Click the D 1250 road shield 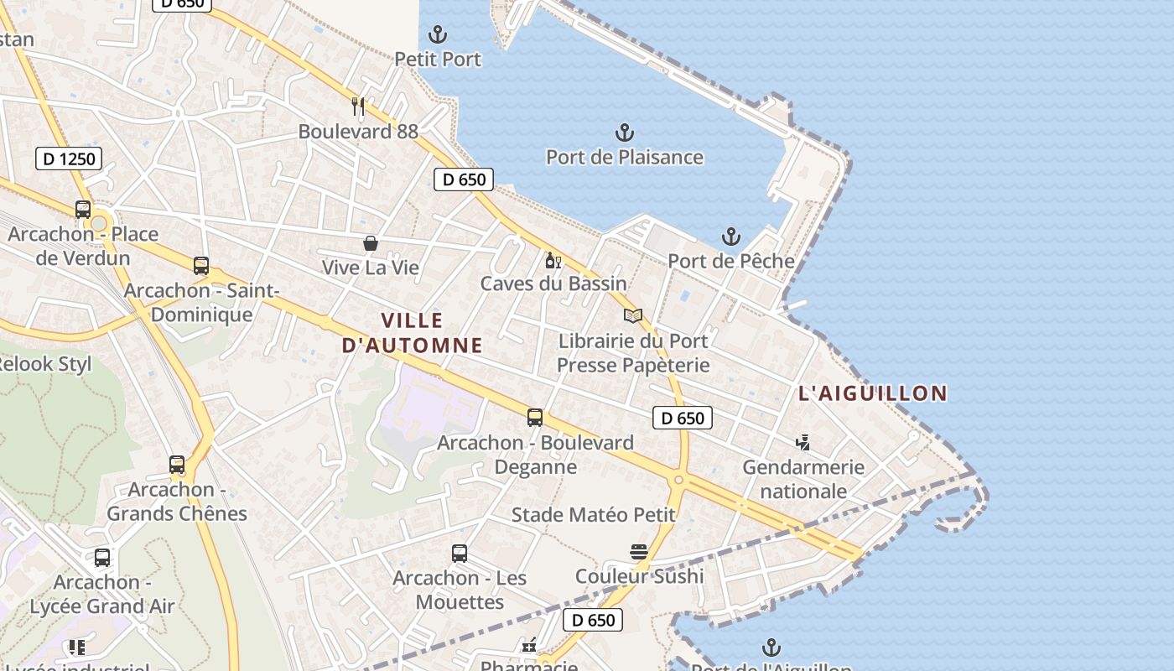click(x=69, y=159)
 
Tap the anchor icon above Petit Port click(x=438, y=35)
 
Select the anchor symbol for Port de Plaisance click(x=625, y=133)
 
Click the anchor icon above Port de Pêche click(x=731, y=237)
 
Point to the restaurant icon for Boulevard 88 click(x=358, y=107)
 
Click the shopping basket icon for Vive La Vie click(x=370, y=243)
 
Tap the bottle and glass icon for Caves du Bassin click(x=553, y=260)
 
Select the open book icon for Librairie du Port click(x=633, y=316)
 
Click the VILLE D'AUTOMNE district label click(x=413, y=332)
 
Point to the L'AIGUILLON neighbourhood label click(x=873, y=393)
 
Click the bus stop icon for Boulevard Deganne click(x=535, y=418)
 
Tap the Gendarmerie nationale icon click(x=803, y=442)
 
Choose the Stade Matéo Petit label click(x=594, y=514)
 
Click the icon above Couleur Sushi click(x=639, y=552)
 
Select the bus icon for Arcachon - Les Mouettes click(x=460, y=554)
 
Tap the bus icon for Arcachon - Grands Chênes click(x=177, y=465)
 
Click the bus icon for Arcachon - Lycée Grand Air click(x=102, y=558)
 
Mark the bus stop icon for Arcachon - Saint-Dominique click(x=201, y=266)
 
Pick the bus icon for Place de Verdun click(x=83, y=210)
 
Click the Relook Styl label click(x=44, y=364)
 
